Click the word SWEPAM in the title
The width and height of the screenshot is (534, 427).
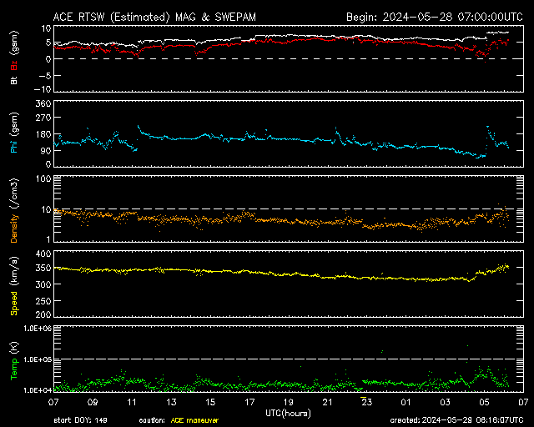[235, 17]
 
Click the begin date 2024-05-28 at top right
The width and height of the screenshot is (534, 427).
[417, 17]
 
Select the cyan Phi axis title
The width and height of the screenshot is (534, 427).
[14, 146]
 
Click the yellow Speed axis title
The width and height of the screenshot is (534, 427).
[14, 303]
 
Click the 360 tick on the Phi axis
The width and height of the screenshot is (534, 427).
[43, 103]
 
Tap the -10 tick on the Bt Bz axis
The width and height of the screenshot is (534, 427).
[42, 89]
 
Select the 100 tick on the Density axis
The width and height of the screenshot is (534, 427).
[43, 178]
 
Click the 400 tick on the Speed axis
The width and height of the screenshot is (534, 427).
[43, 254]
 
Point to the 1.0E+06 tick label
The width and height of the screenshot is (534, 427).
[38, 329]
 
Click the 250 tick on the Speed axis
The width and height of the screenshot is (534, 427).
[43, 301]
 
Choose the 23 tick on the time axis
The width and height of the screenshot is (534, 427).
[367, 403]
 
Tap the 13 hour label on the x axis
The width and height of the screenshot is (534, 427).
[171, 403]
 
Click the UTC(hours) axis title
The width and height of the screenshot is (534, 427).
[288, 414]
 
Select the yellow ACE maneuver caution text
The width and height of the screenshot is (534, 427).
[194, 420]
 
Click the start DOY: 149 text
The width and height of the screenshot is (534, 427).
[80, 420]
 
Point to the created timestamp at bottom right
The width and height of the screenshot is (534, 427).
[456, 420]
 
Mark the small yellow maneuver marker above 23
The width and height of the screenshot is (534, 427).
[364, 397]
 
